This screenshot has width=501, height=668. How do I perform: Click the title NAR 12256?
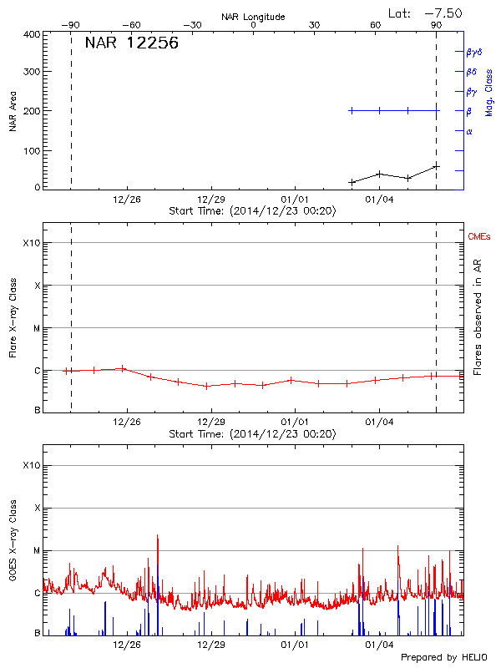131,43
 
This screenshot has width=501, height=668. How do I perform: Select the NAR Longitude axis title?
253,16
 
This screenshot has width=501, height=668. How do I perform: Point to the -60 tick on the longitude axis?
130,25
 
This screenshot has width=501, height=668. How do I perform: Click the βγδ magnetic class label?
475,52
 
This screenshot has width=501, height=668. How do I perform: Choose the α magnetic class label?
469,131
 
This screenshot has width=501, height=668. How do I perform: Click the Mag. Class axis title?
489,92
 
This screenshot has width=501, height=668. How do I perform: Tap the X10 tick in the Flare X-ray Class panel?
31,243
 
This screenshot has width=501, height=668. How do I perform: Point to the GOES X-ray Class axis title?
13,546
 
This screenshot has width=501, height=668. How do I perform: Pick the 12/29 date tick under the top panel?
210,200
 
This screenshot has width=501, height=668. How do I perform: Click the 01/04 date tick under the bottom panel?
379,645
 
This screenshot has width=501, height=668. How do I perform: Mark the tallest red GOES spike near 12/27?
157,537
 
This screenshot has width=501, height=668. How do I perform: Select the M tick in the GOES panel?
36,550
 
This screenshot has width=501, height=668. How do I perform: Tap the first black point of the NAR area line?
352,182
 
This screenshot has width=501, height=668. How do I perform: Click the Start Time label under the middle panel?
252,433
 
